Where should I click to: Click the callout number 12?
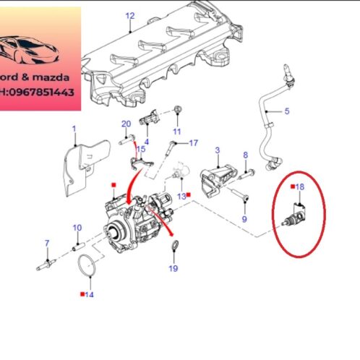[x=130, y=15]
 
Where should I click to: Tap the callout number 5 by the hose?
[x=286, y=111]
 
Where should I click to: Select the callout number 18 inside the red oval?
[x=301, y=187]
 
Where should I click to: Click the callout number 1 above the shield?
[x=73, y=129]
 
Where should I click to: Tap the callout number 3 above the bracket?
[x=216, y=150]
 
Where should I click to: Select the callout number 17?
[x=193, y=143]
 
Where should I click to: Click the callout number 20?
[x=126, y=124]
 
